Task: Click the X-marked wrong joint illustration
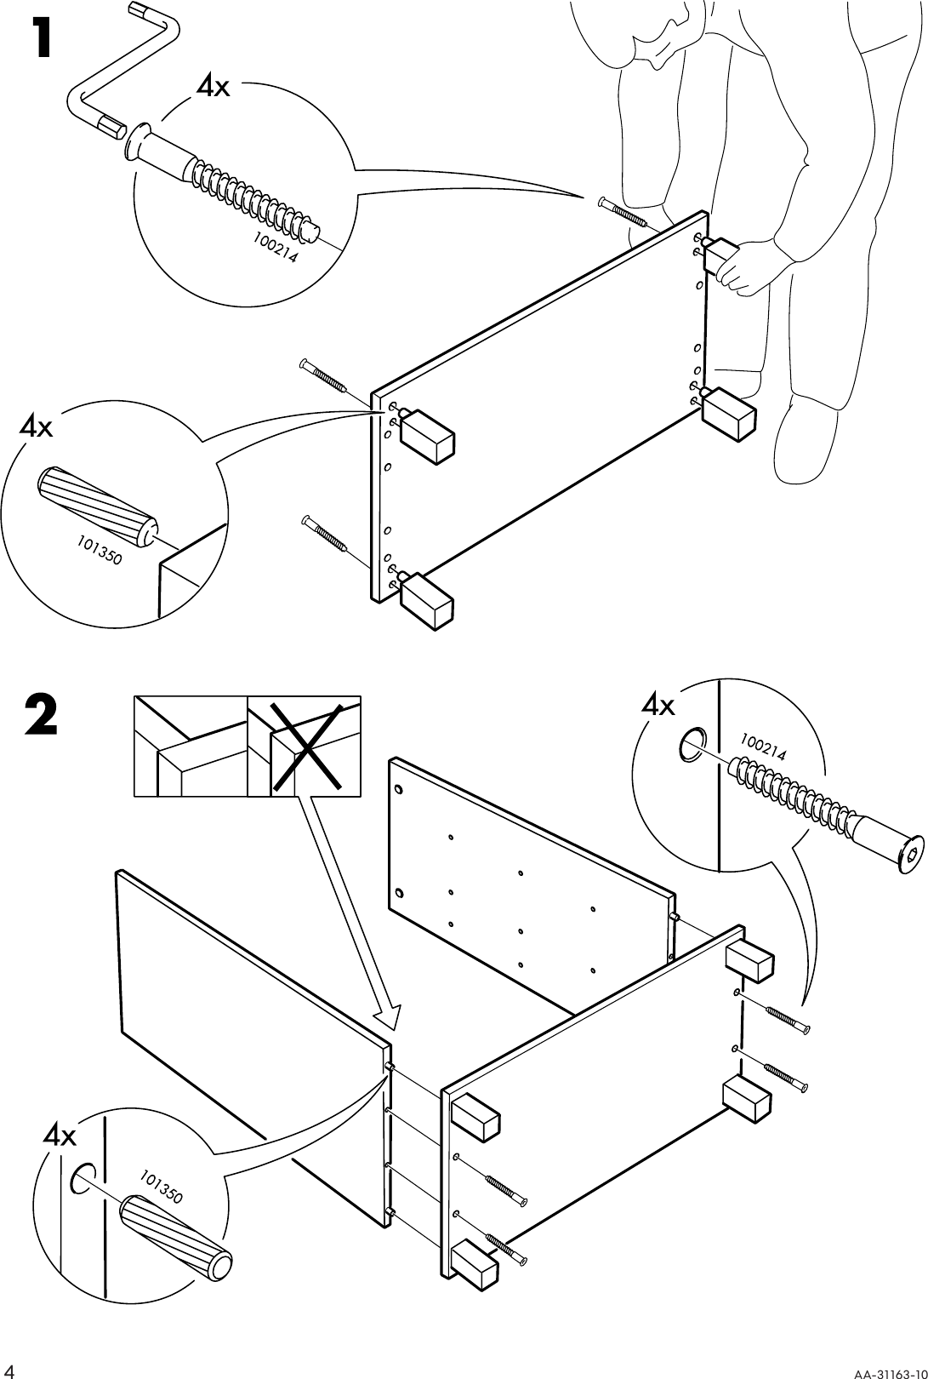tap(304, 747)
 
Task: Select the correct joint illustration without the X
tap(191, 747)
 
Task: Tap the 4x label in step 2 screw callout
tap(658, 706)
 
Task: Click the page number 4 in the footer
tap(13, 1369)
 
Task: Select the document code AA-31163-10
tap(882, 1370)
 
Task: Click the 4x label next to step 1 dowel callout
tap(36, 427)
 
